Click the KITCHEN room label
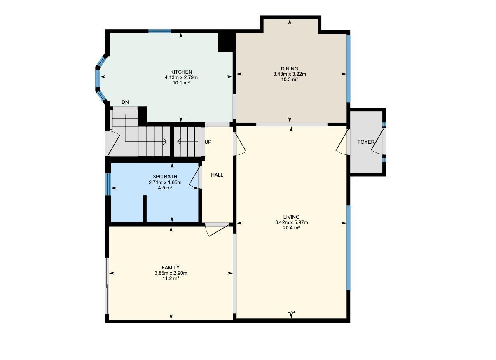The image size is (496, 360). pos(181,72)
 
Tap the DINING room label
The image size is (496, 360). pos(289,69)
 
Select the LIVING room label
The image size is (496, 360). pos(291,217)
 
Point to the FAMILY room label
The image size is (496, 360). pos(171,268)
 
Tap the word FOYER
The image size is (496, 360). pos(366,142)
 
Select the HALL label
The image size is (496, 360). pos(217,175)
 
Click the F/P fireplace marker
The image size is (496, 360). pos(291,313)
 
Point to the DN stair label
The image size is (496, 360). pos(125,102)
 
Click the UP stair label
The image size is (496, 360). pos(208,142)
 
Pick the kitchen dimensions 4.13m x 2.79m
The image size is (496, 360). pos(181,77)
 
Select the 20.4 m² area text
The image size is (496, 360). pos(291,228)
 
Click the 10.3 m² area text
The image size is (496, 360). pos(289,79)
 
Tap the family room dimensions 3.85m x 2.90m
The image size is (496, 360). pos(171,273)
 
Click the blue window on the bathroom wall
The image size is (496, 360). pos(108,184)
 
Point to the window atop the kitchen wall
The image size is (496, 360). pos(160,31)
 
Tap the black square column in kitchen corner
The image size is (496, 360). pos(225,42)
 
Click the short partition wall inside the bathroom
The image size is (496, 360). pos(145,209)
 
